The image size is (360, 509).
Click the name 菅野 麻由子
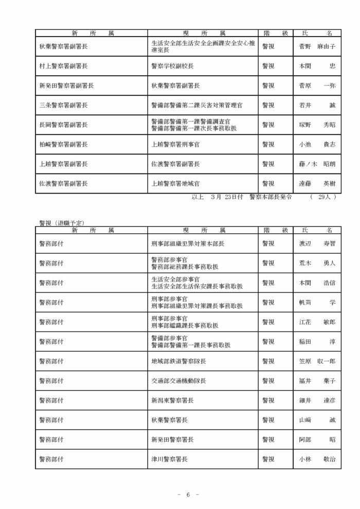click(x=317, y=46)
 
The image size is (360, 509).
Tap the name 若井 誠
click(x=317, y=105)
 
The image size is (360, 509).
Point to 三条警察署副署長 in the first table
click(x=63, y=105)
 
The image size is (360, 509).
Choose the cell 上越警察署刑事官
click(x=175, y=145)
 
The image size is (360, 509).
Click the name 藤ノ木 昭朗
click(x=317, y=164)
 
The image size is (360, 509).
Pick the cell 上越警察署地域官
click(x=175, y=183)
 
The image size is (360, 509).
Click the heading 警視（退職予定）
click(x=62, y=222)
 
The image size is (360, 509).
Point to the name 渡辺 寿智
click(x=317, y=243)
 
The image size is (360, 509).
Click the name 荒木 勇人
click(x=317, y=263)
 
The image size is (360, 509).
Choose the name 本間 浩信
click(x=317, y=283)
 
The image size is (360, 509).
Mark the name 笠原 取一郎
click(x=317, y=361)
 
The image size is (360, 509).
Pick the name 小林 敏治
click(x=317, y=459)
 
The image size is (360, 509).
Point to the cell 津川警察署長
click(x=169, y=459)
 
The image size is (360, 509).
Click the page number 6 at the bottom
click(x=188, y=495)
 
